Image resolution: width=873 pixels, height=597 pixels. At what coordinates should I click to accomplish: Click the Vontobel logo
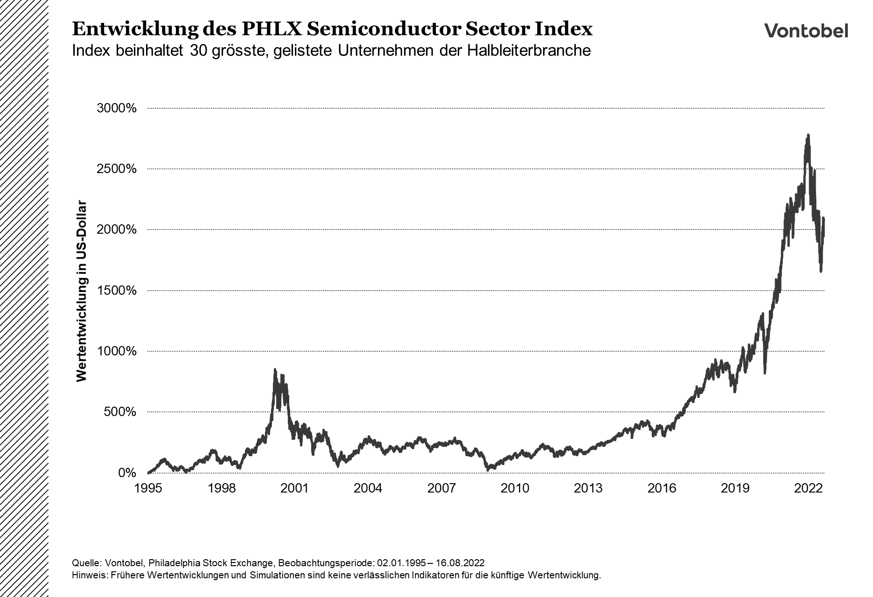coord(806,31)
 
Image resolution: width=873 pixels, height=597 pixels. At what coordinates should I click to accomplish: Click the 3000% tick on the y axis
coord(116,108)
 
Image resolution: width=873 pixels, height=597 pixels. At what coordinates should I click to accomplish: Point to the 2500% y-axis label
coord(116,169)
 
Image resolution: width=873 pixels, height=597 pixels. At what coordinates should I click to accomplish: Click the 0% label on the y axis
coord(127,473)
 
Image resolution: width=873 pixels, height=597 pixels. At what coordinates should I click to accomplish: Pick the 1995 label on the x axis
coord(148,488)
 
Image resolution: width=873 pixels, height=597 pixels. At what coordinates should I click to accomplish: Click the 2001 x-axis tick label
coord(295,488)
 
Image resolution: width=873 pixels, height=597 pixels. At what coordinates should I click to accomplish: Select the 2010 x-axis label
coord(515,488)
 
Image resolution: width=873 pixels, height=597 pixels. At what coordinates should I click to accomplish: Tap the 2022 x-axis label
coord(809,488)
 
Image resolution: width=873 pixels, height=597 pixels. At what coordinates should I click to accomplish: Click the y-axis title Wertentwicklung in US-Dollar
coord(82,292)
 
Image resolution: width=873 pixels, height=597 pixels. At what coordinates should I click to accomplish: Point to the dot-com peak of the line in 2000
coord(275,369)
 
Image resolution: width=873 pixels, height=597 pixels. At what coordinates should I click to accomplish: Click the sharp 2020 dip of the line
coord(765,373)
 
